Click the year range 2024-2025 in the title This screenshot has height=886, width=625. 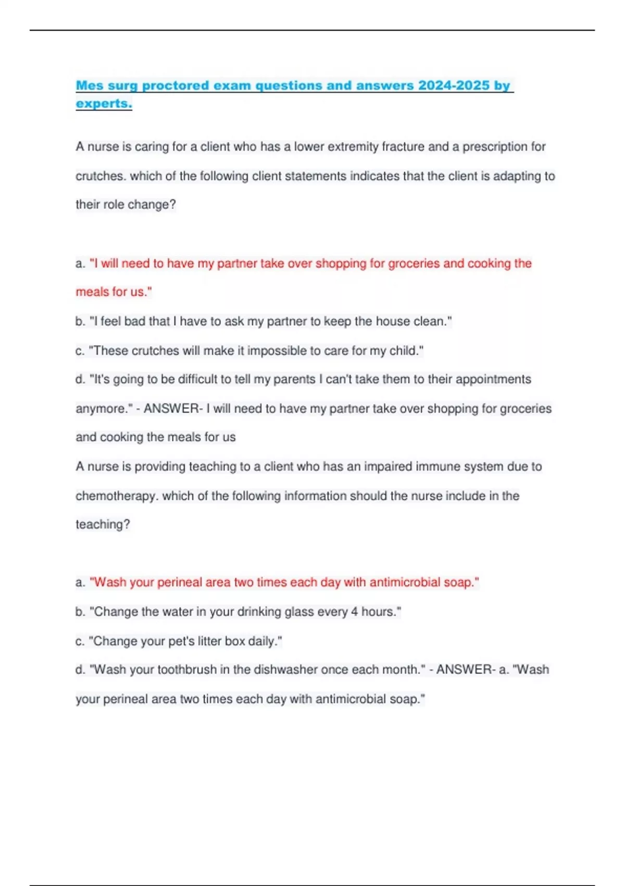coord(454,85)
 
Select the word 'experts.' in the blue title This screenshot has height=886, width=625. coord(104,103)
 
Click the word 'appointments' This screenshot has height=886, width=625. coord(493,379)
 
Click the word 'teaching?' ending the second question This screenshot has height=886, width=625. coord(103,524)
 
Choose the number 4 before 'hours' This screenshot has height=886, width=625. coord(354,611)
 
